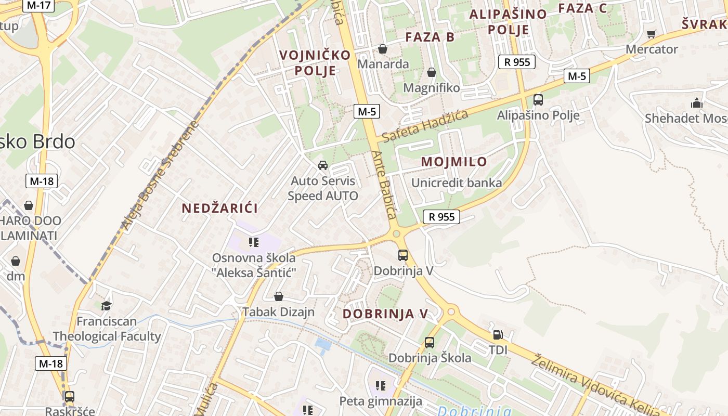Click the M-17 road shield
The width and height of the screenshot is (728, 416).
tap(39, 5)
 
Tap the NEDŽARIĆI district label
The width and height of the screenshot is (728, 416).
tap(219, 209)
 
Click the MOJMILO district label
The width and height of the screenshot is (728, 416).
tap(454, 162)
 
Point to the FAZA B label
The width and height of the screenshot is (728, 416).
tap(430, 37)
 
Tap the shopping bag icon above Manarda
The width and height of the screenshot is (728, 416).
tap(383, 49)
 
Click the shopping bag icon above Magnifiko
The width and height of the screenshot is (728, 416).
tap(431, 73)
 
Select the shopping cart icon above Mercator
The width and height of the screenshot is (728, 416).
tap(651, 34)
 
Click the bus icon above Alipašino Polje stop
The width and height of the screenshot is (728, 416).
tap(538, 100)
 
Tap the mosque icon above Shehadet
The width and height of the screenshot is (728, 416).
tap(696, 103)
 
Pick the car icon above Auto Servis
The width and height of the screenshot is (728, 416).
tap(323, 165)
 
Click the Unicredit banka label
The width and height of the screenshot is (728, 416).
tap(457, 183)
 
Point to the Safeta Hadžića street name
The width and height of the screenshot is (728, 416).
tap(425, 125)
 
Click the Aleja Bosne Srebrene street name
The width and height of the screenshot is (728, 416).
tap(160, 176)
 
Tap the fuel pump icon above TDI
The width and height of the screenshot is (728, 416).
tap(498, 335)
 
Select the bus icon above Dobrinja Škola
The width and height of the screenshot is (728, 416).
tap(430, 343)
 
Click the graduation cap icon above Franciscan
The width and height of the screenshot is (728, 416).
tap(107, 306)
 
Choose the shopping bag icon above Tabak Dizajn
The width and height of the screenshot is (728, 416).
tap(279, 296)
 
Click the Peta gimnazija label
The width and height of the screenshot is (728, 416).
tap(381, 401)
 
